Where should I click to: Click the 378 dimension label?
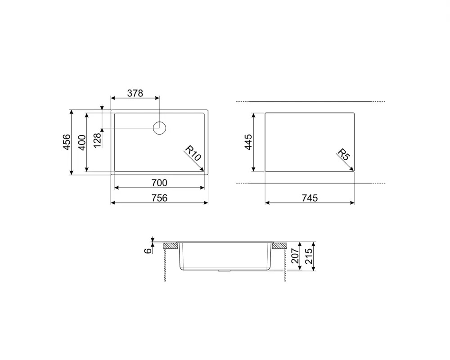pyautogui.click(x=135, y=93)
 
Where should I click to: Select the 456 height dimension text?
pyautogui.click(x=66, y=142)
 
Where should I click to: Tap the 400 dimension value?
pyautogui.click(x=81, y=142)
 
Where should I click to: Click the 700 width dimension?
pyautogui.click(x=159, y=183)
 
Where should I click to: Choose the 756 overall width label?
pyautogui.click(x=159, y=198)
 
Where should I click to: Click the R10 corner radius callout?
pyautogui.click(x=193, y=154)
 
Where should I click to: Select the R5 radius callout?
pyautogui.click(x=343, y=155)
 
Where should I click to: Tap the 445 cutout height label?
pyautogui.click(x=248, y=142)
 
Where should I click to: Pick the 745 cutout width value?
pyautogui.click(x=310, y=198)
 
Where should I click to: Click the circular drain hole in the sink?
pyautogui.click(x=160, y=128)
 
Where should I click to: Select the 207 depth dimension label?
pyautogui.click(x=296, y=256)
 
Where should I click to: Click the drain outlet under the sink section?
pyautogui.click(x=224, y=271)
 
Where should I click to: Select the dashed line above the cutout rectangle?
pyautogui.click(x=310, y=101)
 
